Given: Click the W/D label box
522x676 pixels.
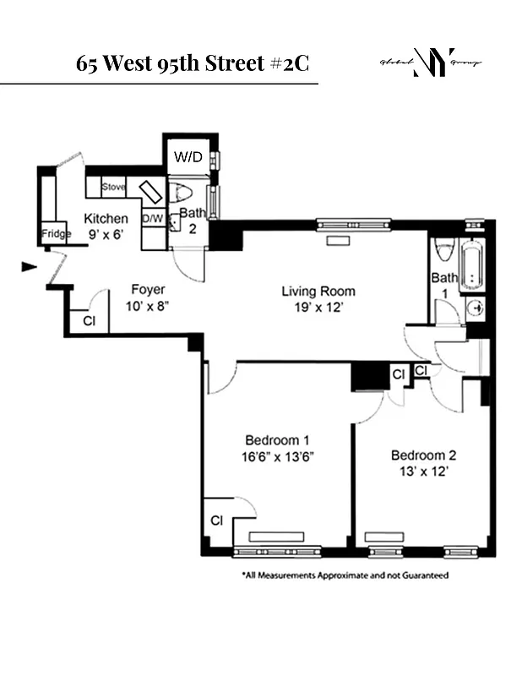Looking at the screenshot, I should (183, 156).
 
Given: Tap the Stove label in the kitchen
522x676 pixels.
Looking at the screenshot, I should (113, 187).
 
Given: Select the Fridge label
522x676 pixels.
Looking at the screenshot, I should (56, 234).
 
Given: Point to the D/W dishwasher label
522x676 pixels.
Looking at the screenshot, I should (152, 219).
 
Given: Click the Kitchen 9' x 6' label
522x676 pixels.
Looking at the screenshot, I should (106, 226).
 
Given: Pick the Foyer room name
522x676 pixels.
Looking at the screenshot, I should (146, 290).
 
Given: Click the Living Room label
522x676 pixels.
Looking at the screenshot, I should (317, 292).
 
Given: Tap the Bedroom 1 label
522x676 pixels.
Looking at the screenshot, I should (277, 440).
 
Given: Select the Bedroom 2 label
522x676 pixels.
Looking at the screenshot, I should (422, 455).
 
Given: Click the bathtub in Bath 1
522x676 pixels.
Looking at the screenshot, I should (473, 264).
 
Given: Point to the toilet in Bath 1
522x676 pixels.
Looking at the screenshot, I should (444, 250).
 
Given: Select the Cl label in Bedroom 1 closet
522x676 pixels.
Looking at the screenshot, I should (216, 521).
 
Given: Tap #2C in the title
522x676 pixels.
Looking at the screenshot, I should (294, 63).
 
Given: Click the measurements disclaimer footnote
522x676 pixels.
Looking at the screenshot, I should (345, 575).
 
